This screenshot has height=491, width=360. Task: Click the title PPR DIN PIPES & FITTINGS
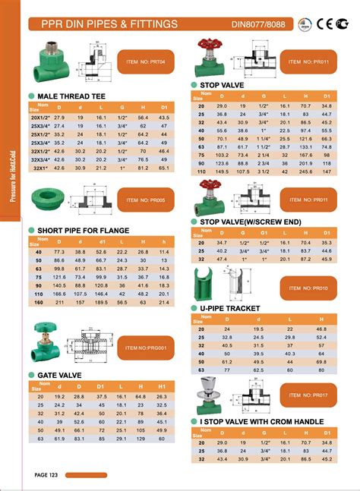(x=104, y=24)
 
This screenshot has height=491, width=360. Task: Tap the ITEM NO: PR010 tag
(x=311, y=288)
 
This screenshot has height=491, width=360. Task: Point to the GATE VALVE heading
(x=60, y=375)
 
